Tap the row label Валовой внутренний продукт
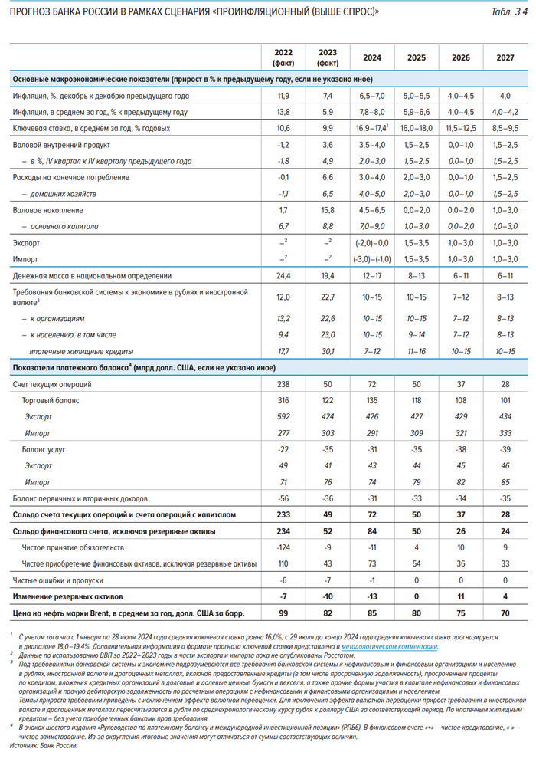63,145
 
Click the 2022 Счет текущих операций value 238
283,383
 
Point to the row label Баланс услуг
47,448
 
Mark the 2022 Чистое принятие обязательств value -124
283,547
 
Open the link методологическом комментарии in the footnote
391,647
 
